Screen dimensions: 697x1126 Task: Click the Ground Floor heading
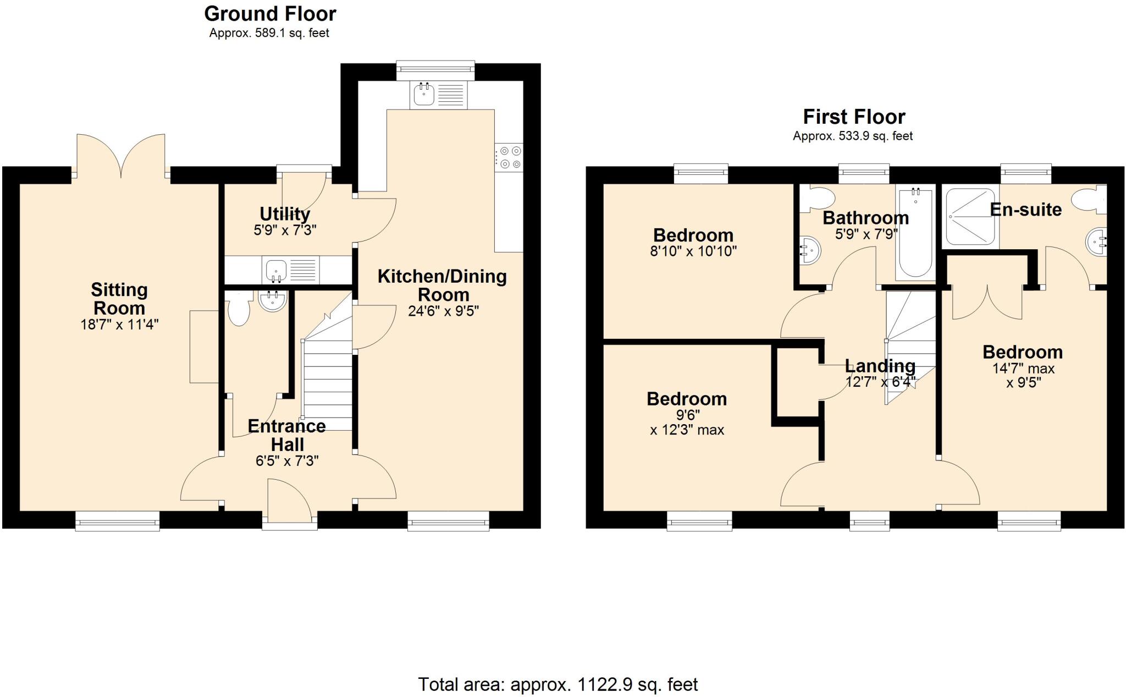point(270,13)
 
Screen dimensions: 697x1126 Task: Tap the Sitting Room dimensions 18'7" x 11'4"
point(119,324)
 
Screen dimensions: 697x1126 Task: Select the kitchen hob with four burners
point(509,157)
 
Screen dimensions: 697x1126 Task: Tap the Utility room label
point(285,213)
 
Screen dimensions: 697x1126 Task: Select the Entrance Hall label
point(286,435)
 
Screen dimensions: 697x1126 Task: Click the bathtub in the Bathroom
point(915,234)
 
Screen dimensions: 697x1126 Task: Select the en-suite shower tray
point(970,217)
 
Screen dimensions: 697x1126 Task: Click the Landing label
point(880,365)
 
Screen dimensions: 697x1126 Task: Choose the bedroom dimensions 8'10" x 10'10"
point(693,251)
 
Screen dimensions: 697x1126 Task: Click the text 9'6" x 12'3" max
point(687,422)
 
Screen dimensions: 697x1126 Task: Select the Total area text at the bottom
point(558,684)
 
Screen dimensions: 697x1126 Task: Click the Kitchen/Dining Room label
point(442,285)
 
